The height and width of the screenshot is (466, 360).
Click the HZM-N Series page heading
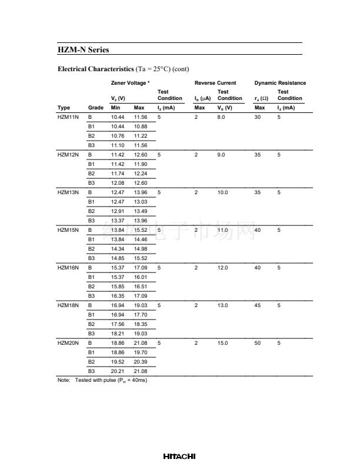83,50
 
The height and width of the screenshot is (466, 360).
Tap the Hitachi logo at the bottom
179,456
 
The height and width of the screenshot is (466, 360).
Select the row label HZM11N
68,117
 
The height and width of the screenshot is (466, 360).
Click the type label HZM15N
68,229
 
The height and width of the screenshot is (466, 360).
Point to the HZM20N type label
68,342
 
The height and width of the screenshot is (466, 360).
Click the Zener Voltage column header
130,83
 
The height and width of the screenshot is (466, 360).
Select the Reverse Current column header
215,83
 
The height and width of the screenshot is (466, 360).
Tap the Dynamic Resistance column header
280,83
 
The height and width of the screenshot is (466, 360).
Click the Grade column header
95,108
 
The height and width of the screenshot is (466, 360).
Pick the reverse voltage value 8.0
221,117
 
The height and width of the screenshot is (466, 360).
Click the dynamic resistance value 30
257,117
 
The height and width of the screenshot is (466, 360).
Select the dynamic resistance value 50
257,342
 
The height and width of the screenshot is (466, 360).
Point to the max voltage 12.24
140,174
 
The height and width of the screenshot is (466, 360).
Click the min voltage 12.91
118,211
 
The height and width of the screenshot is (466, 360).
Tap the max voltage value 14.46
140,239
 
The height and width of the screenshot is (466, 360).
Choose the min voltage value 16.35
118,296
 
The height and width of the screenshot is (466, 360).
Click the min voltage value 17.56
118,324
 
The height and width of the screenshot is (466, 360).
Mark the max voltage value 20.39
140,361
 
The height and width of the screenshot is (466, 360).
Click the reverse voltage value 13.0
222,305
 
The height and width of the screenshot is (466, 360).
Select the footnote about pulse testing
102,381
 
